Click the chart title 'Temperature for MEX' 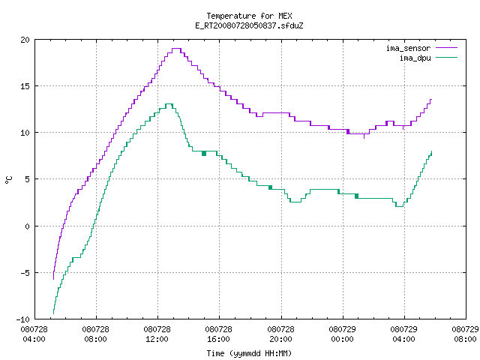(249, 16)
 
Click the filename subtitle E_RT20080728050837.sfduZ (249, 25)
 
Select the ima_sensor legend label (408, 48)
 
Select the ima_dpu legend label (415, 58)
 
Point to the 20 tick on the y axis (25, 40)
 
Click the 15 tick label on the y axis (25, 86)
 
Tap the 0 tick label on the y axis (27, 226)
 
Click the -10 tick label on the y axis (23, 319)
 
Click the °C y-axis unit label (8, 180)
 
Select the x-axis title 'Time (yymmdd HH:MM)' (249, 353)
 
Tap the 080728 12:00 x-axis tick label (157, 334)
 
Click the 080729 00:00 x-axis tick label (342, 334)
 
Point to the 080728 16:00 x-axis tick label (218, 334)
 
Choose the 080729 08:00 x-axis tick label (465, 334)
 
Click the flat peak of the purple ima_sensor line (176, 48)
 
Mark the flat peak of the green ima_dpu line (169, 104)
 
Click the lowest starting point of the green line (53, 313)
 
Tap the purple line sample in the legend (446, 48)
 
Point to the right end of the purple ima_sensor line (431, 99)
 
